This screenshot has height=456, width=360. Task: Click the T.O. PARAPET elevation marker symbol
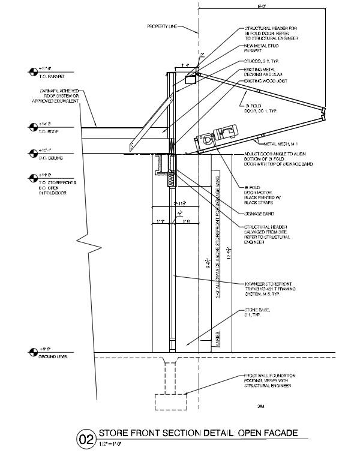pyautogui.click(x=32, y=72)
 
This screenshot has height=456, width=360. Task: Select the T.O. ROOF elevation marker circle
pyautogui.click(x=32, y=127)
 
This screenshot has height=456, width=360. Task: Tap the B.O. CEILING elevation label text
pyautogui.click(x=47, y=157)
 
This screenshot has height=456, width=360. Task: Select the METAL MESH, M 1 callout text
pyautogui.click(x=274, y=145)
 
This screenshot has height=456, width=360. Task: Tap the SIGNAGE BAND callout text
pyautogui.click(x=259, y=212)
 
